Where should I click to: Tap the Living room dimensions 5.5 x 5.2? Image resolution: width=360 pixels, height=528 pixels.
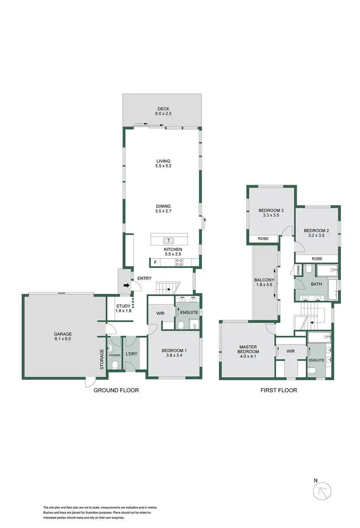(x=163, y=166)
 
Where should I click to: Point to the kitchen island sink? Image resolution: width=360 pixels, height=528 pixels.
(x=168, y=241)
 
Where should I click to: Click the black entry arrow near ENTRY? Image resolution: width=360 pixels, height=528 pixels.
(x=126, y=285)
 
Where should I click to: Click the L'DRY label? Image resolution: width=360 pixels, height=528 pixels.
(x=132, y=354)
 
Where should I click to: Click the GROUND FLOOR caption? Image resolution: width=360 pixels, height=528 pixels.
(x=116, y=390)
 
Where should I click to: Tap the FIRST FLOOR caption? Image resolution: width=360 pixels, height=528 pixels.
(x=278, y=390)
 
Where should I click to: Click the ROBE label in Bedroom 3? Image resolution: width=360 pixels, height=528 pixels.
(x=263, y=238)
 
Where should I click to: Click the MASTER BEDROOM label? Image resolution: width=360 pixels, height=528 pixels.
(x=248, y=349)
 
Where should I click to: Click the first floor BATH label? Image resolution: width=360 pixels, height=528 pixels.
(x=316, y=284)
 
